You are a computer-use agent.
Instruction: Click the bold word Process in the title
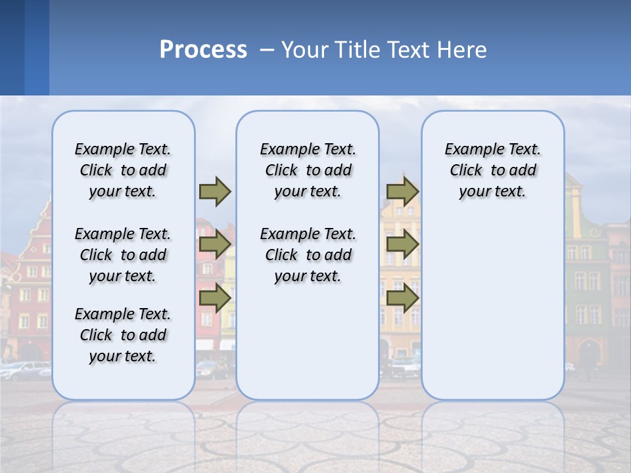[203, 50]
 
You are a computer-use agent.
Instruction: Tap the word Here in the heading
[463, 50]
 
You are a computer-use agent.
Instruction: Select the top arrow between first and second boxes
[215, 191]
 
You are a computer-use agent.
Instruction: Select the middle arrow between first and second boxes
[215, 244]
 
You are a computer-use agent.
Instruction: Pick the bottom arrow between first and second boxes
[215, 298]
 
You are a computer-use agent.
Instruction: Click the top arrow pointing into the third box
[402, 191]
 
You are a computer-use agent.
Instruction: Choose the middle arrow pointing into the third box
[402, 244]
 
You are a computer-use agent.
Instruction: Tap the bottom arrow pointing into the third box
[402, 298]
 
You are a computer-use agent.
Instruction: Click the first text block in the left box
[123, 170]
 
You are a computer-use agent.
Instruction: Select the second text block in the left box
[123, 255]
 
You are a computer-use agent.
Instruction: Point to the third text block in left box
[123, 335]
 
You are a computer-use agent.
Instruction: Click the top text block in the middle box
[308, 170]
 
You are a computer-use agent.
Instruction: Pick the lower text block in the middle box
[308, 255]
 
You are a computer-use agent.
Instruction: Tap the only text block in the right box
[492, 170]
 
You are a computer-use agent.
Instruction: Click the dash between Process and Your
[266, 50]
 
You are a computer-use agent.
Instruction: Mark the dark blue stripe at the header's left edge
[12, 47]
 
